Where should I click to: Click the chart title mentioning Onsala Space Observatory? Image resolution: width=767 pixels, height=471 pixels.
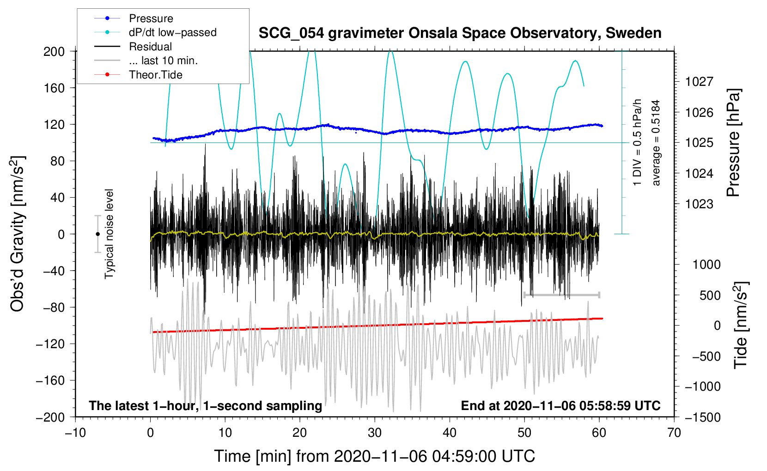pyautogui.click(x=460, y=33)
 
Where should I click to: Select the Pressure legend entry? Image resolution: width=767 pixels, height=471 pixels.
pyautogui.click(x=151, y=18)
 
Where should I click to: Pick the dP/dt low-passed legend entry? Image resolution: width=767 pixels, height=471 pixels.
pyautogui.click(x=172, y=32)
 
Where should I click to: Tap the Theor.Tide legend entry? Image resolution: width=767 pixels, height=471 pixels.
pyautogui.click(x=155, y=75)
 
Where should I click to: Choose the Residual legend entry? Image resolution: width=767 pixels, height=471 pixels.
pyautogui.click(x=150, y=47)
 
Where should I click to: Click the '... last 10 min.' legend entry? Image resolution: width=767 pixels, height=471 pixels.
pyautogui.click(x=163, y=60)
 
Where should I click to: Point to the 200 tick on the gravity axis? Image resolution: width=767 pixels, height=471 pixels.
pyautogui.click(x=54, y=51)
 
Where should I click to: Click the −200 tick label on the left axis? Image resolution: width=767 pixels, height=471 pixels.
pyautogui.click(x=50, y=417)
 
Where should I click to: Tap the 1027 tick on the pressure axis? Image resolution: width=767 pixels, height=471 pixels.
pyautogui.click(x=699, y=82)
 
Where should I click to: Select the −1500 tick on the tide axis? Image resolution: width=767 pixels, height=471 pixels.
pyautogui.click(x=703, y=417)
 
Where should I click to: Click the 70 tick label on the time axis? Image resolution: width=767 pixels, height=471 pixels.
pyautogui.click(x=674, y=433)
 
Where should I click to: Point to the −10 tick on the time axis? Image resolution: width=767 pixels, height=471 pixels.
pyautogui.click(x=75, y=433)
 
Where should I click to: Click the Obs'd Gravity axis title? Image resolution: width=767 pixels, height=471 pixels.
pyautogui.click(x=18, y=234)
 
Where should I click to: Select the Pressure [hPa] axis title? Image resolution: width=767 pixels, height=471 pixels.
pyautogui.click(x=733, y=143)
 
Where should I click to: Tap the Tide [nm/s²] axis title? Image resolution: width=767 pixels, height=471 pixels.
pyautogui.click(x=741, y=325)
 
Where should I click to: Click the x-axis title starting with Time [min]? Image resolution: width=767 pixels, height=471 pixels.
pyautogui.click(x=375, y=456)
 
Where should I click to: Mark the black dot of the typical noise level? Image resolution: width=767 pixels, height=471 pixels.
pyautogui.click(x=97, y=234)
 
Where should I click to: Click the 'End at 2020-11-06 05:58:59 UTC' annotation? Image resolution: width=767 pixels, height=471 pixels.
pyautogui.click(x=560, y=405)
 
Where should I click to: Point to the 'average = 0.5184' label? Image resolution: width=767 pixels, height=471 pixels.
pyautogui.click(x=656, y=143)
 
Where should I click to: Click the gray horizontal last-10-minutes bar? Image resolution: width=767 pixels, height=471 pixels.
pyautogui.click(x=561, y=295)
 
